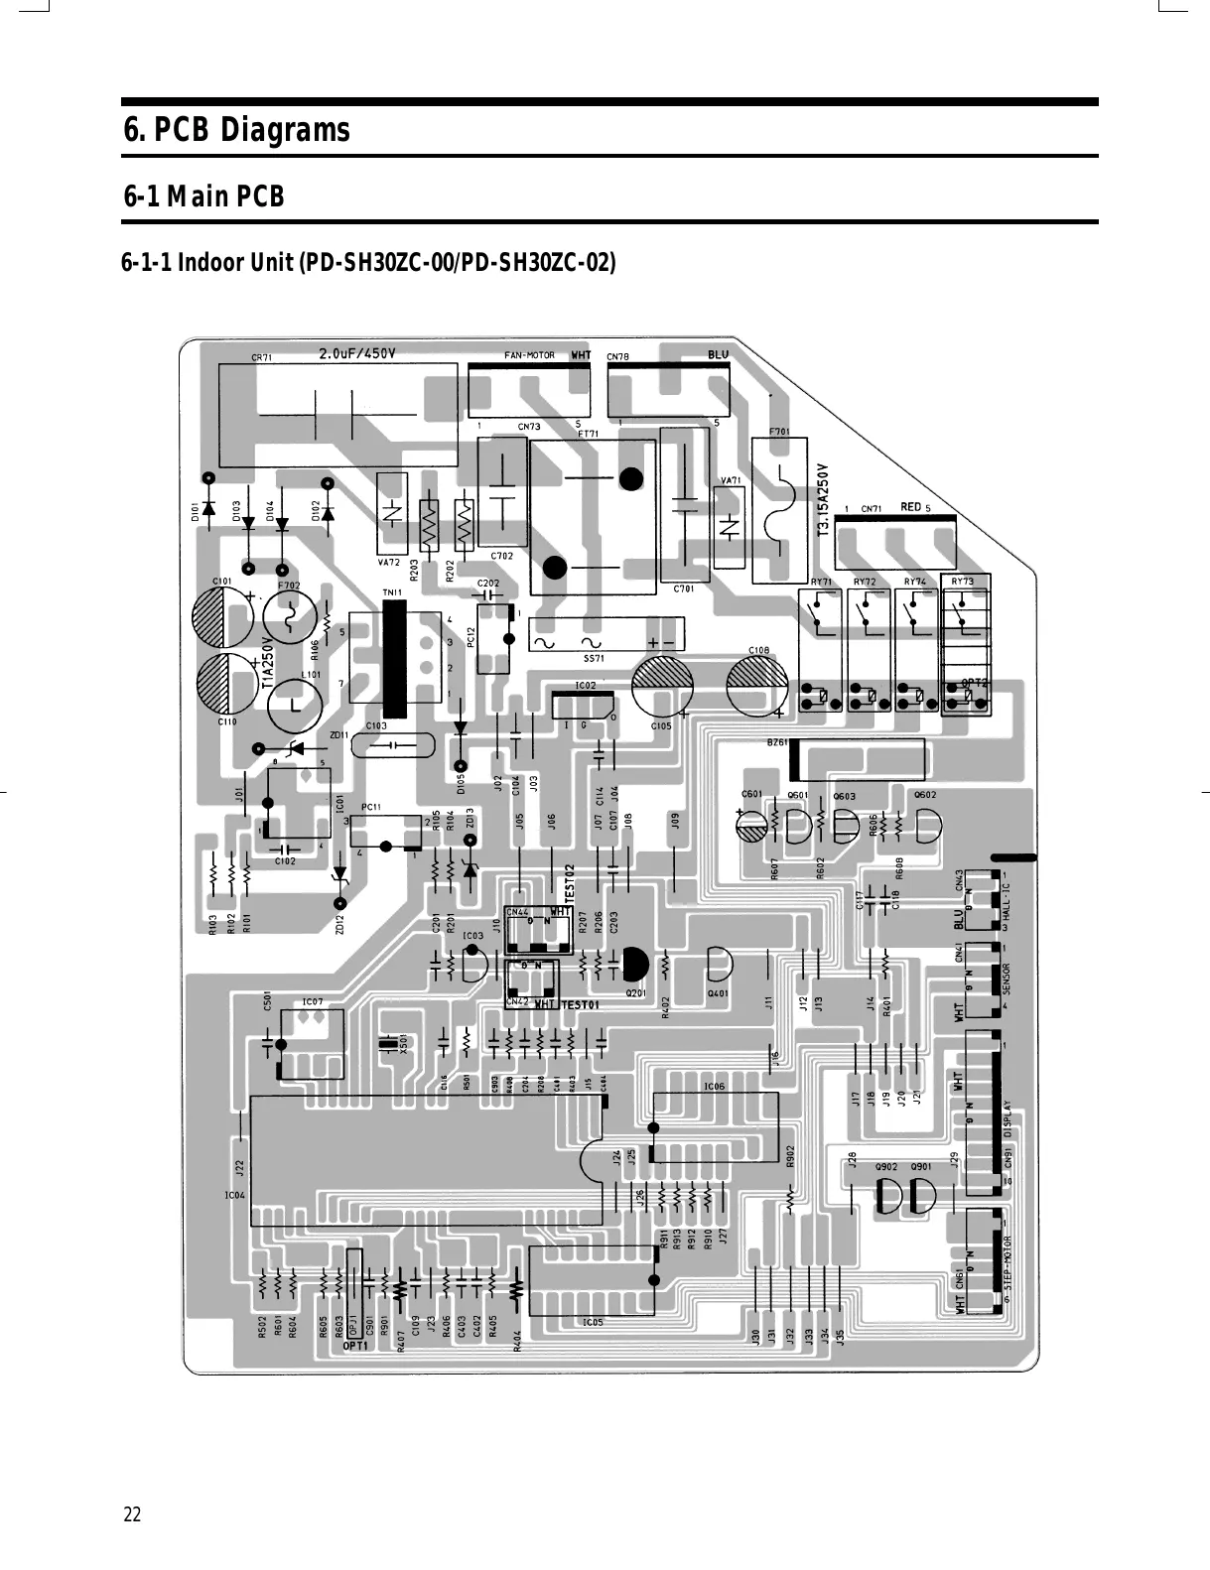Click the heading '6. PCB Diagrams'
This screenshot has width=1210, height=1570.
(x=236, y=130)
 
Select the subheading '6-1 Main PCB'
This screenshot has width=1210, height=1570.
(x=203, y=197)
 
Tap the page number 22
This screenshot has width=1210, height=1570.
(x=132, y=1515)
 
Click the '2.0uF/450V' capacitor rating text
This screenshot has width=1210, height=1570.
(x=356, y=354)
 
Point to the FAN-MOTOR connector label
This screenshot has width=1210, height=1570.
(x=529, y=355)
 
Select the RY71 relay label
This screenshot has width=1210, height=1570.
(x=821, y=582)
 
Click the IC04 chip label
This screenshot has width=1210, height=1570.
(x=234, y=1195)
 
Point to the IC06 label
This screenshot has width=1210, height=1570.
(x=714, y=1087)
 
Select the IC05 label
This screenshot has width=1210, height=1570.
(x=593, y=1322)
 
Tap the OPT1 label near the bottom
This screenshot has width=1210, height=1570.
(x=354, y=1347)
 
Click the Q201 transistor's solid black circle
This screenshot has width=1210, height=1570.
(x=634, y=963)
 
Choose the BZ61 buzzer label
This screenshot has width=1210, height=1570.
(x=776, y=741)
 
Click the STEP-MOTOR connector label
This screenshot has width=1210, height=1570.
(x=1007, y=1267)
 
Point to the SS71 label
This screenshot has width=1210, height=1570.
(x=594, y=657)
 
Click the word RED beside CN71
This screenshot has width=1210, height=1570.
(x=910, y=507)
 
